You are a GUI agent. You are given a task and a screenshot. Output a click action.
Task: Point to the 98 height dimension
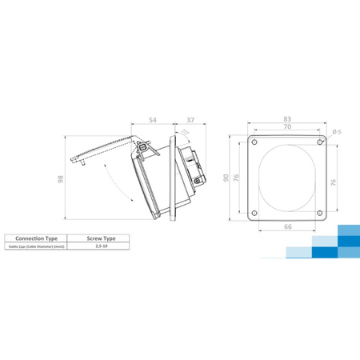[x=60, y=181]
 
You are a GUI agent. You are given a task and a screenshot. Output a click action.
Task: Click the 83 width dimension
[x=286, y=118]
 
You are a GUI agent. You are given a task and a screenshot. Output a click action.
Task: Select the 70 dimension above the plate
[x=286, y=126]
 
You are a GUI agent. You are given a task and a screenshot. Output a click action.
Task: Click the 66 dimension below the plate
[x=286, y=228]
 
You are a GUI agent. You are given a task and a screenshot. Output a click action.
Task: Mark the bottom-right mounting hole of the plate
[x=319, y=212]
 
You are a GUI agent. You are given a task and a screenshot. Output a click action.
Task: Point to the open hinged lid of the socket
[x=104, y=147]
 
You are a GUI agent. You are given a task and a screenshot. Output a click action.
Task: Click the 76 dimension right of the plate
[x=334, y=180]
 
